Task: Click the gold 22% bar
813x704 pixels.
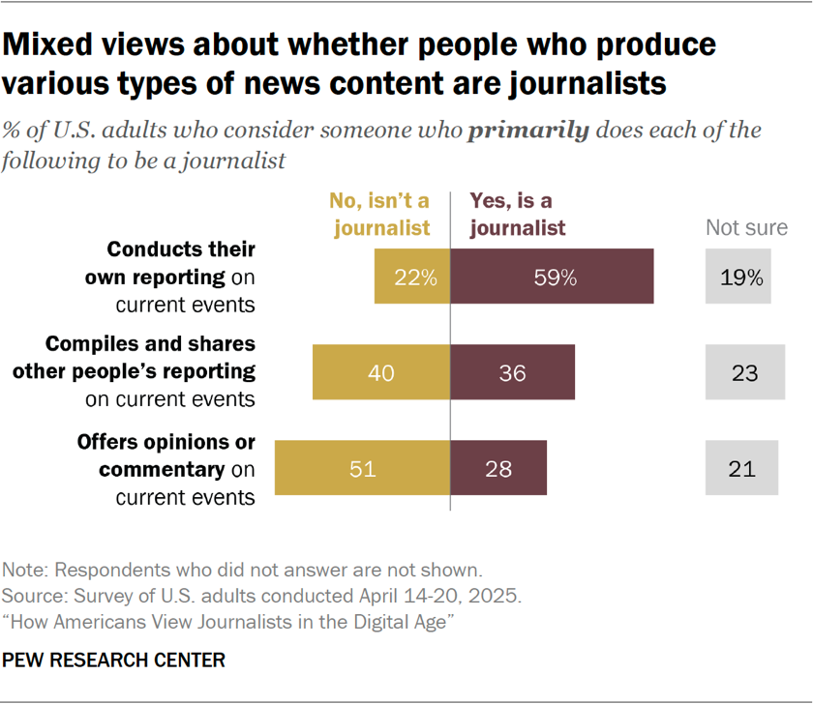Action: [x=412, y=277]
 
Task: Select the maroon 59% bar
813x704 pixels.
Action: [x=552, y=277]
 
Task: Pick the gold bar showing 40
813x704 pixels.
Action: [x=381, y=372]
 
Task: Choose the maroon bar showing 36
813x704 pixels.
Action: [x=513, y=372]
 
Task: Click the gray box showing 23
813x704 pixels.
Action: [x=744, y=372]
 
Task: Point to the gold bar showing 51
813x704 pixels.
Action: [x=363, y=468]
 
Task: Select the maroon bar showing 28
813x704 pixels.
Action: [x=498, y=468]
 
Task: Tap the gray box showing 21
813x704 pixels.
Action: [x=741, y=468]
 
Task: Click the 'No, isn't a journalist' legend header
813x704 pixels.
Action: [x=378, y=214]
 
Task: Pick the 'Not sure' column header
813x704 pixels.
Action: [x=745, y=227]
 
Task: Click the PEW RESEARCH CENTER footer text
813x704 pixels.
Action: [x=114, y=660]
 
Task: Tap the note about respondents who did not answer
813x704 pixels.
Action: [x=242, y=569]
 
